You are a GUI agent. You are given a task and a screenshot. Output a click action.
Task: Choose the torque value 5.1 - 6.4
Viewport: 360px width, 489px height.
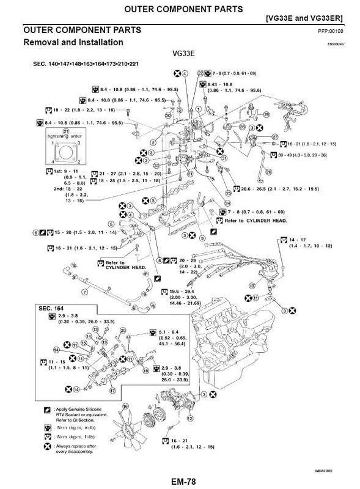click(x=162, y=334)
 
